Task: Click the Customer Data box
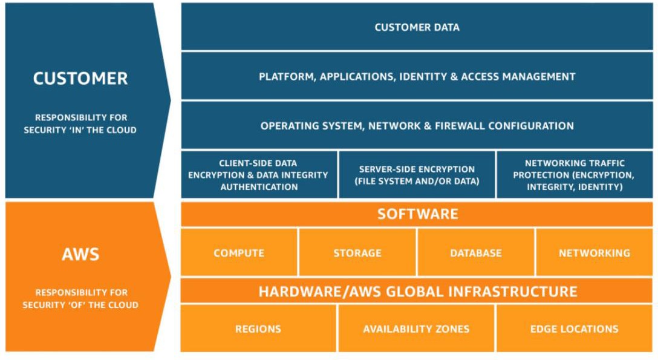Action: tap(417, 27)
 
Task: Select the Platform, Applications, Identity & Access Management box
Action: tap(417, 77)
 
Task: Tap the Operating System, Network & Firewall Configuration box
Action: tap(417, 126)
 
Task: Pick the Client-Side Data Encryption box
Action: tap(258, 175)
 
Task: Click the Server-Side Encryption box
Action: tap(417, 175)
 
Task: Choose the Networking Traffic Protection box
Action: tap(574, 175)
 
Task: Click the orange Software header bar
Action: tap(417, 214)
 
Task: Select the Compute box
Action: tap(239, 253)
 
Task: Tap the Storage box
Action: tap(357, 253)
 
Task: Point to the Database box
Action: tap(476, 253)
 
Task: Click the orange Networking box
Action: tap(594, 253)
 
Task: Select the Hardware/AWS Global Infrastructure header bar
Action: tap(417, 291)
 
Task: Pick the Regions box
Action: tap(258, 329)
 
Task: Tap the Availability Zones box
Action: tap(416, 329)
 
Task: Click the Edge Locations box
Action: tap(574, 329)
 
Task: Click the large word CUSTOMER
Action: tap(80, 79)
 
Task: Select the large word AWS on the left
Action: tap(80, 254)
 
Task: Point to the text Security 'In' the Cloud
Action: tap(80, 129)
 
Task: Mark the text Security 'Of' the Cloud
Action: tap(80, 305)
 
